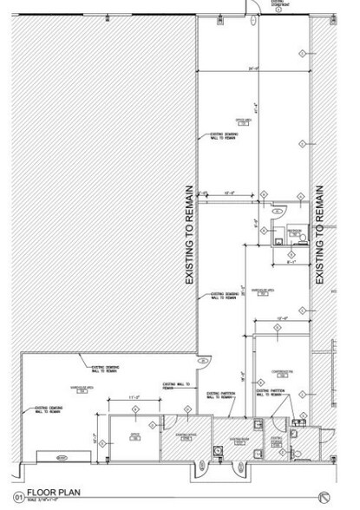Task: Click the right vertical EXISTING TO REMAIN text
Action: (320, 234)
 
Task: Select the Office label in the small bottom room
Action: (135, 435)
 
